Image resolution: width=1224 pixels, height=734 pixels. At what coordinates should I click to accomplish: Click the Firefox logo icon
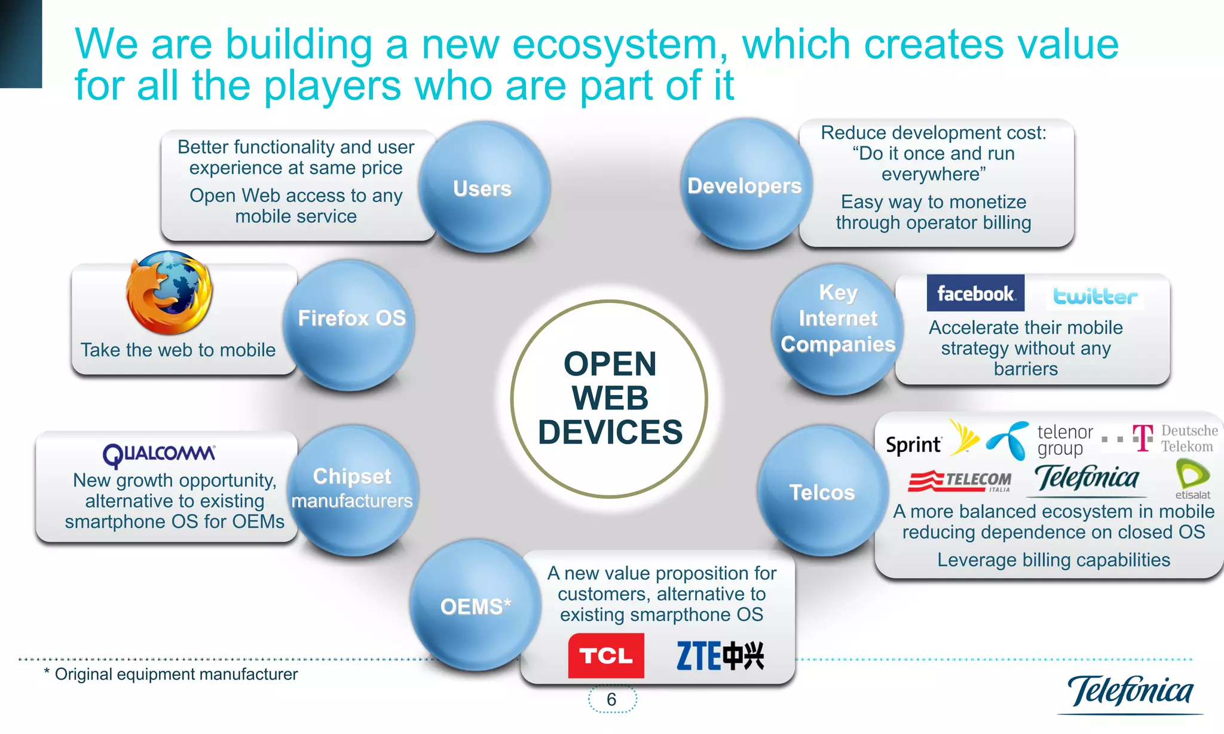click(169, 293)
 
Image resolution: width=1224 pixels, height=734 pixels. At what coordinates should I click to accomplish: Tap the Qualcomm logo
click(159, 455)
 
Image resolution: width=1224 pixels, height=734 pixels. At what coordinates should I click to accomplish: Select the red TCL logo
click(605, 656)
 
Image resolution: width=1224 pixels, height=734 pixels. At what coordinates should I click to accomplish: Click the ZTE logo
click(720, 656)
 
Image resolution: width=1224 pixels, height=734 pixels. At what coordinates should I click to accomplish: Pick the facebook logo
click(975, 293)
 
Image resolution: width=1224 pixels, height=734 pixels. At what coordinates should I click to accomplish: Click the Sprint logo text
click(913, 445)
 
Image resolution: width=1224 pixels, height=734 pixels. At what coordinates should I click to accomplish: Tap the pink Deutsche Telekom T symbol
click(1143, 438)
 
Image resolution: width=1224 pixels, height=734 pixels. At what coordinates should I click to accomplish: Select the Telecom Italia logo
click(959, 481)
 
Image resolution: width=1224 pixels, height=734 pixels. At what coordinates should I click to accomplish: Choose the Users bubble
click(483, 188)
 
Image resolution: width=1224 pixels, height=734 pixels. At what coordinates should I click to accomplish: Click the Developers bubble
click(744, 185)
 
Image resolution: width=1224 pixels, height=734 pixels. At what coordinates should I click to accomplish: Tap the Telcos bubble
click(822, 492)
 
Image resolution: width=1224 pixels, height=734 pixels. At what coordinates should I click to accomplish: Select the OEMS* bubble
click(475, 606)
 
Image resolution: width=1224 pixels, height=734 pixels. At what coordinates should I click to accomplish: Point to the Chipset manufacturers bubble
click(352, 489)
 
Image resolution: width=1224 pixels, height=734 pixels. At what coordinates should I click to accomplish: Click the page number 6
click(611, 699)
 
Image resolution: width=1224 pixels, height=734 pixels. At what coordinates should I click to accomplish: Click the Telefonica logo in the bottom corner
click(1130, 692)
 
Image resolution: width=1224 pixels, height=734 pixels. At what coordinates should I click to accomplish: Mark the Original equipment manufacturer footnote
click(171, 674)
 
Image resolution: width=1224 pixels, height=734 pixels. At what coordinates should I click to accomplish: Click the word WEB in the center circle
click(610, 398)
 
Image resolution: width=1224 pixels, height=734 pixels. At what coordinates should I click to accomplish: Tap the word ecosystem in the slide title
click(614, 45)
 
